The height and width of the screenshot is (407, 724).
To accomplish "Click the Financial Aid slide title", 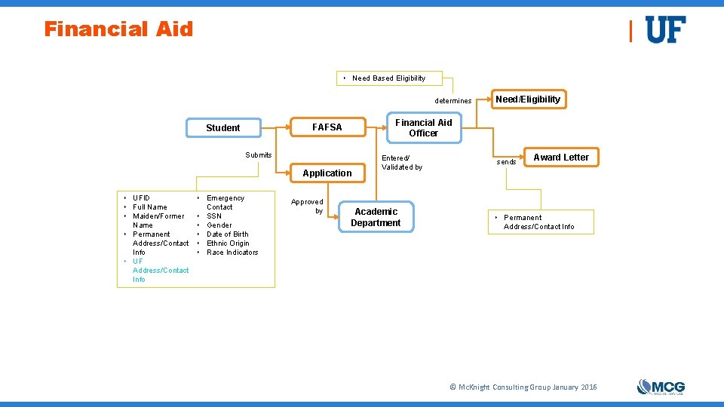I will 118,29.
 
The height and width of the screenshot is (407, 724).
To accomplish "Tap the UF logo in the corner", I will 665,30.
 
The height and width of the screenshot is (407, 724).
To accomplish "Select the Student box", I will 223,128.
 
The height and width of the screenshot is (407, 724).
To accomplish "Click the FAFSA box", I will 327,127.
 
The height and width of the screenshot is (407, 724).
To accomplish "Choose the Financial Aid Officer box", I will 424,127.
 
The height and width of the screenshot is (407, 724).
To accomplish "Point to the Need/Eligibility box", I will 528,99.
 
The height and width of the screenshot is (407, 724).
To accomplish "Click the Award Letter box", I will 561,158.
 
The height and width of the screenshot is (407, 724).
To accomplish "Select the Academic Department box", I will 376,217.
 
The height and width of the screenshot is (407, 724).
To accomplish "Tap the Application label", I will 327,173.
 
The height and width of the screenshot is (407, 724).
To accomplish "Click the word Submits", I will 259,155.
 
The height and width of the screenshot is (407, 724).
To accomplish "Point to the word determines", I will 453,101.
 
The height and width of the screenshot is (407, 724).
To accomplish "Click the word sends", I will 506,162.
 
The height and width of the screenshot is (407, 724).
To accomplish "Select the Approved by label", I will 308,207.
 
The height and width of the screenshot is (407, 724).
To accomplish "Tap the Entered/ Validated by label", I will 402,163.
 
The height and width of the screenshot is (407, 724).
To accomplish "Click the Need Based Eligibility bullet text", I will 388,78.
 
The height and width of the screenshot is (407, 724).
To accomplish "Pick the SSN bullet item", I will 214,216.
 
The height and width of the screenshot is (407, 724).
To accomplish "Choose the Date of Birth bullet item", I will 228,234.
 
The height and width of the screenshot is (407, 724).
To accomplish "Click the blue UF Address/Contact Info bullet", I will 160,271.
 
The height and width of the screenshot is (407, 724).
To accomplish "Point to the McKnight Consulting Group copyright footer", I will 523,387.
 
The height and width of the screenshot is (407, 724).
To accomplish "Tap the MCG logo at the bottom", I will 661,387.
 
